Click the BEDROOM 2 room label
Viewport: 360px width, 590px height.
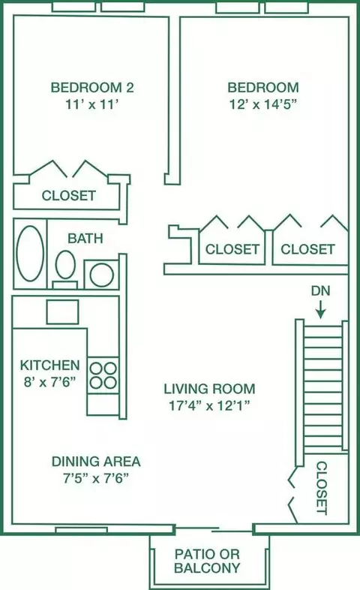coord(92,88)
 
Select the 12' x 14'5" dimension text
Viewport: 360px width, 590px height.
coord(263,104)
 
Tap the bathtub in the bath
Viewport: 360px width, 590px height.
coord(30,253)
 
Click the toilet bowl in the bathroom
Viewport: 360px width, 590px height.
coord(65,265)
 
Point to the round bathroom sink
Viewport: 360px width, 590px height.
coord(102,275)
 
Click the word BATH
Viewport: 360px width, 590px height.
coord(85,239)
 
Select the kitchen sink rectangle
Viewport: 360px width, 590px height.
coord(62,312)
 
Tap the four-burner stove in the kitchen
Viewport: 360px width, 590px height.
coord(103,375)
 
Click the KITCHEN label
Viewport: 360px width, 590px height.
coord(50,365)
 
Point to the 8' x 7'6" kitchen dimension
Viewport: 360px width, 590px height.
coord(49,382)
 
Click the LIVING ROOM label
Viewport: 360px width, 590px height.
coord(209,389)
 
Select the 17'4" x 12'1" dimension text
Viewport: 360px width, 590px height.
coord(209,405)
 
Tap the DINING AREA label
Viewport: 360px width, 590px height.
coord(96,462)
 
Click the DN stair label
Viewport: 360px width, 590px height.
coord(320,290)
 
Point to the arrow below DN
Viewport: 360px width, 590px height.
coord(320,311)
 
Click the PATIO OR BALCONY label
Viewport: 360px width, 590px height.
coord(207,561)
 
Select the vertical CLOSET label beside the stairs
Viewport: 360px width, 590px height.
coord(321,488)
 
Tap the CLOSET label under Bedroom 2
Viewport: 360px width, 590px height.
coord(69,196)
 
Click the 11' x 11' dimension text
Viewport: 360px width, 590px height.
coord(92,104)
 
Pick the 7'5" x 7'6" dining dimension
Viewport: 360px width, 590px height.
coord(96,478)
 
